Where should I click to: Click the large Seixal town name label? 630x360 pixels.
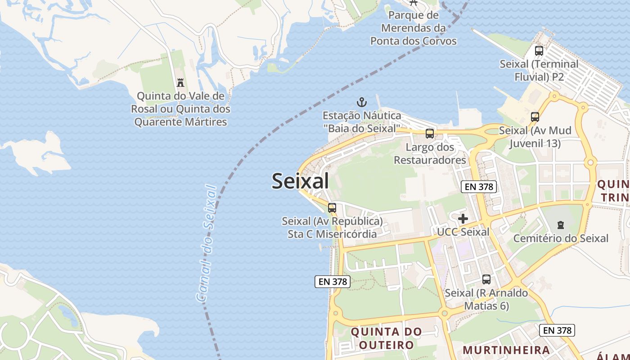300,181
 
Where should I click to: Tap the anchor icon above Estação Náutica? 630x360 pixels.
362,102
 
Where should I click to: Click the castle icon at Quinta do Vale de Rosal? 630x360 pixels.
180,82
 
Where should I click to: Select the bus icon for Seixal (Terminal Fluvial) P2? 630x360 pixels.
539,51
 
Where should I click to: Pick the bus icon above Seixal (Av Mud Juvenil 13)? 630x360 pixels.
535,117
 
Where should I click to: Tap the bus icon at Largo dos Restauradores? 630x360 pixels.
430,134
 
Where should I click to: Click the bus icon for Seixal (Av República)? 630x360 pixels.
332,208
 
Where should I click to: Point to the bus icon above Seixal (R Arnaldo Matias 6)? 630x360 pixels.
486,279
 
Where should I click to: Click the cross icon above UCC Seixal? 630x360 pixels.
463,219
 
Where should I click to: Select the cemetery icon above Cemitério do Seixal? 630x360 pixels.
561,225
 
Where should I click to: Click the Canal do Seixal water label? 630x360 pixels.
207,243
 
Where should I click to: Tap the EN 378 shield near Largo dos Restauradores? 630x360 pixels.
479,187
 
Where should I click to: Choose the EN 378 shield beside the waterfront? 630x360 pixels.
332,282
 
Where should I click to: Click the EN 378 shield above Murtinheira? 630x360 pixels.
557,330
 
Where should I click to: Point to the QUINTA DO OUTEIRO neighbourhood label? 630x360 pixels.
386,338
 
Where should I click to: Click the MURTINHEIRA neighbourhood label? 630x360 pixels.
506,350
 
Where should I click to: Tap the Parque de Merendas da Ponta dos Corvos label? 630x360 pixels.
413,28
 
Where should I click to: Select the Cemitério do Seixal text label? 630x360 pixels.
561,238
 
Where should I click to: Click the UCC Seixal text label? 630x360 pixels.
463,232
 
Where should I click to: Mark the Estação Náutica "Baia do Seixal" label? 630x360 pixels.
362,122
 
